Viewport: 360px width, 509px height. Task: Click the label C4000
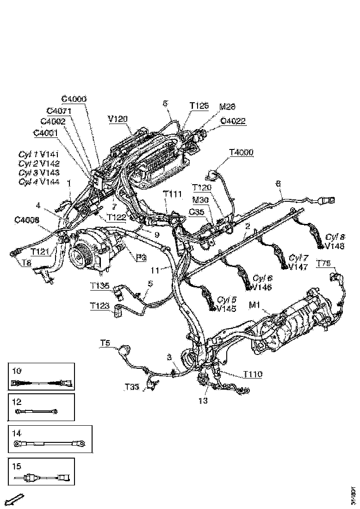[74, 99]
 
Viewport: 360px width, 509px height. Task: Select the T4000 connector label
[242, 152]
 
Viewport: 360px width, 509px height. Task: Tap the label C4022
[233, 122]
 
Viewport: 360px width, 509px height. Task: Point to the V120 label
[118, 119]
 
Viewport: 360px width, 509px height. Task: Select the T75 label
[323, 263]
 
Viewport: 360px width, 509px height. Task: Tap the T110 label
[253, 374]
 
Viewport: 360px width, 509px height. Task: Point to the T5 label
[105, 343]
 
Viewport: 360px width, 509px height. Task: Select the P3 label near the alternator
[142, 258]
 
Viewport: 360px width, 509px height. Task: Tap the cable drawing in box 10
[41, 383]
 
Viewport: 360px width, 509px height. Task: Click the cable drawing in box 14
[50, 443]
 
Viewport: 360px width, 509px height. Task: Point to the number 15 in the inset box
[17, 466]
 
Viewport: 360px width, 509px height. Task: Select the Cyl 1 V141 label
[39, 154]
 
